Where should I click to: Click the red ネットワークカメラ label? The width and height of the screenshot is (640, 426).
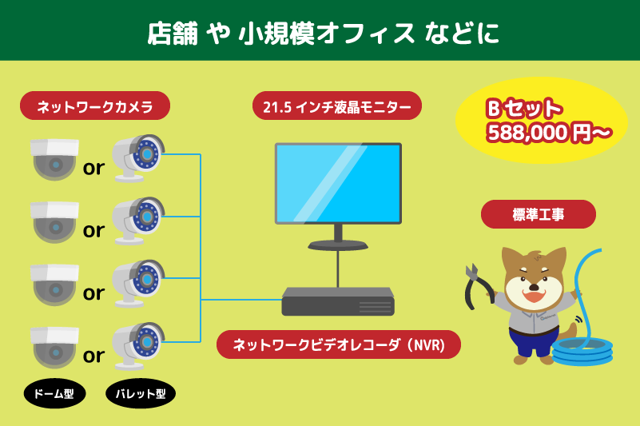coord(95,106)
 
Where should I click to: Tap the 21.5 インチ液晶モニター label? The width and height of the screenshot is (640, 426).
coord(336,106)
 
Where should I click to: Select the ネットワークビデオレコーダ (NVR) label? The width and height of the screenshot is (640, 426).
coord(338,344)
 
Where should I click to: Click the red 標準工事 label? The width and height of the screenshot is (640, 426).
coord(538,214)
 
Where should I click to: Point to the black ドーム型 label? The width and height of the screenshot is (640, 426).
coord(54,393)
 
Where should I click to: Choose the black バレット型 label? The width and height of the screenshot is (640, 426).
coord(141,393)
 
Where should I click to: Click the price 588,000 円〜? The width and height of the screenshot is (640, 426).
coord(549,133)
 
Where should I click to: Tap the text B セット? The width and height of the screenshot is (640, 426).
coord(524,109)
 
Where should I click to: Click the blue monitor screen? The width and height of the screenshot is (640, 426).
coord(338,182)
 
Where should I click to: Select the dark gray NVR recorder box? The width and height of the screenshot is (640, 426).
coord(338,301)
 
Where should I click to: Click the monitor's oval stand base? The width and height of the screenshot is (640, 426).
coord(338,245)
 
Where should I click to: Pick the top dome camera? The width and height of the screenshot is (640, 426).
coord(54,159)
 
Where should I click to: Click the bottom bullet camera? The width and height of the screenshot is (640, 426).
coord(138,345)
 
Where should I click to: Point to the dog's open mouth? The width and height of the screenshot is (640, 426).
coord(534,294)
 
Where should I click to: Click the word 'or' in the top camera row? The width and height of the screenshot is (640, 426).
coord(93,168)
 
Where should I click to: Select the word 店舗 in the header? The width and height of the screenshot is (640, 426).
coord(173,33)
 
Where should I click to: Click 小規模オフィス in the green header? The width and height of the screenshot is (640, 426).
coord(326,33)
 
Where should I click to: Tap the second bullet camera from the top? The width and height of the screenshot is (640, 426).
coord(138,221)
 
